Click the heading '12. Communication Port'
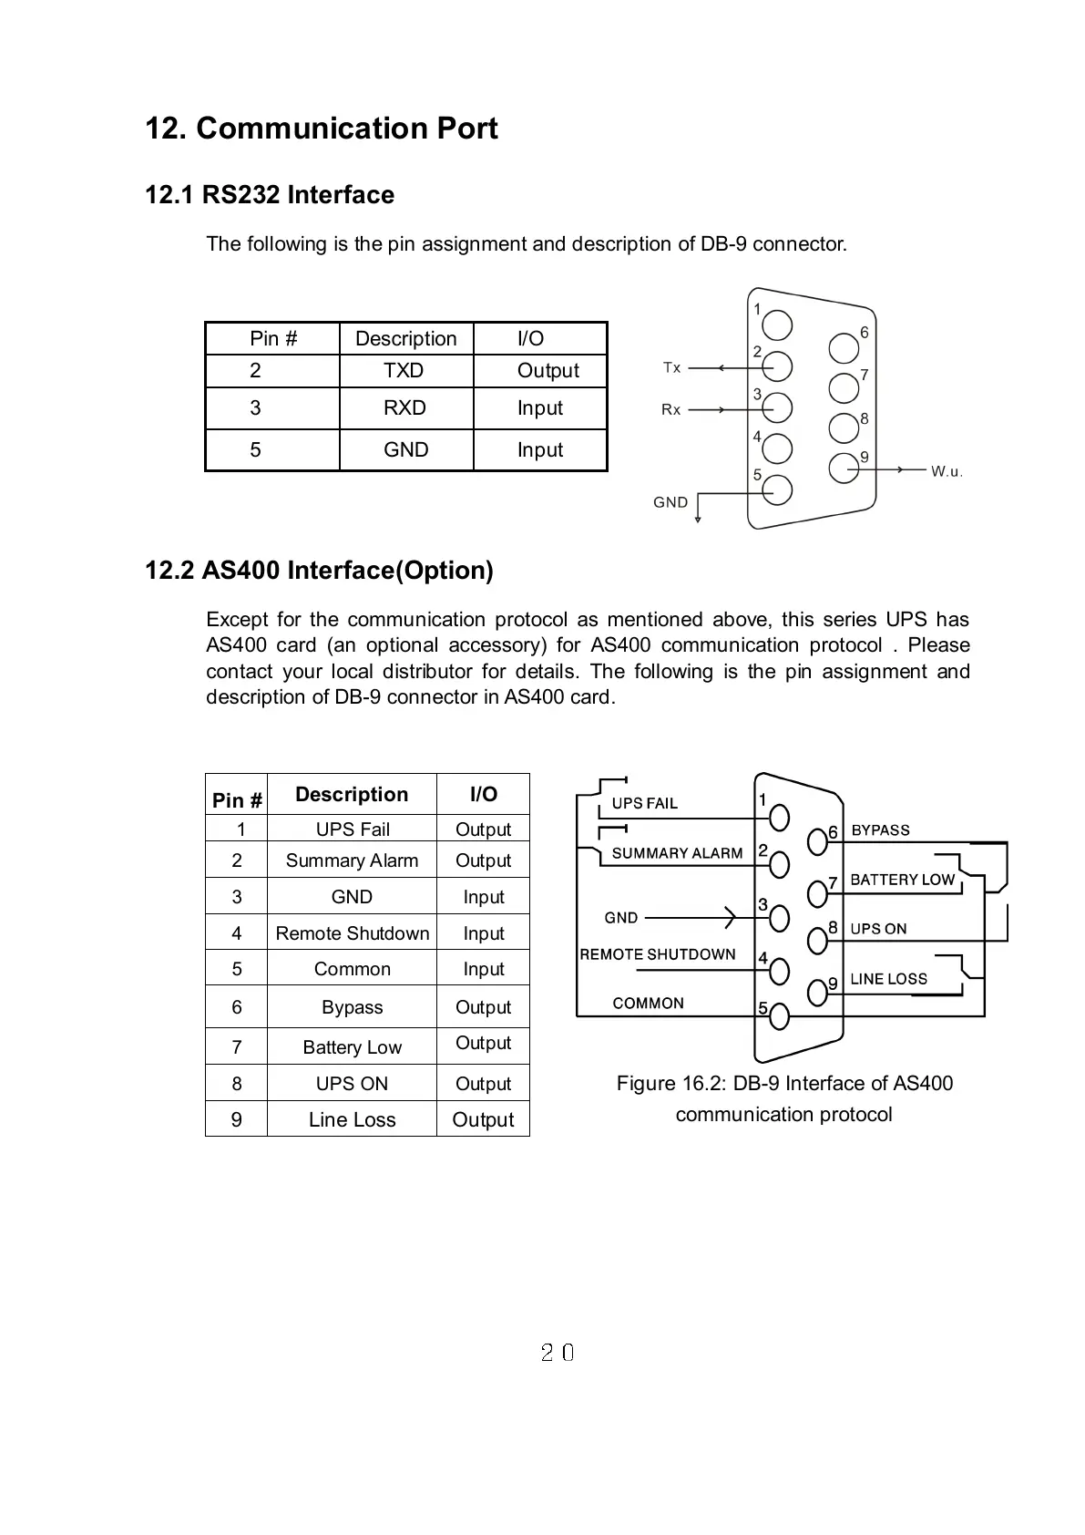coord(322,129)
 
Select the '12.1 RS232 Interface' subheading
coord(270,195)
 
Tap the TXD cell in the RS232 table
coord(404,371)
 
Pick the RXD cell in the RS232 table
coord(404,408)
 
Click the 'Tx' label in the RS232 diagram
coord(672,367)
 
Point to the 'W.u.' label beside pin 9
coord(947,471)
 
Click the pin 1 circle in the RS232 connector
coord(777,325)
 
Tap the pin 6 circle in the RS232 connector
coord(844,347)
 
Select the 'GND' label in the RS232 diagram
coord(670,502)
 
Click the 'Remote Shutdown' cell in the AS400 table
coord(352,933)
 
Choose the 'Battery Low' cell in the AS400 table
coord(352,1047)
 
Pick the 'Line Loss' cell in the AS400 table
coord(352,1120)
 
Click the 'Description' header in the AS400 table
coord(352,795)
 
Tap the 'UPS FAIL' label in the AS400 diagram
coord(645,803)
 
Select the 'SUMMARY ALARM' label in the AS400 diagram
coord(677,853)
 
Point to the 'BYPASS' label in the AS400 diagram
coord(880,830)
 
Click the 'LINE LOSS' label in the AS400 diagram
coord(888,979)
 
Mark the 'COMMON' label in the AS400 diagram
coord(648,1004)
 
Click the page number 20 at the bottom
coord(558,1353)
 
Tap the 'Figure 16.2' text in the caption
coord(670,1084)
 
